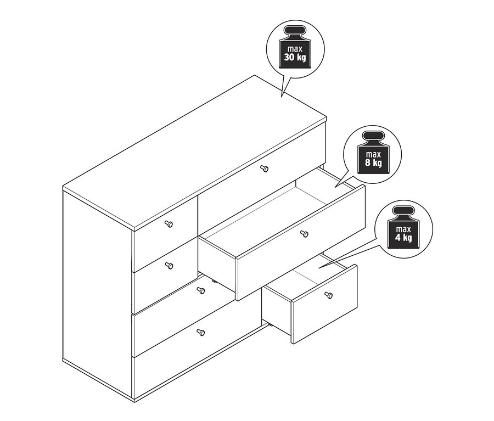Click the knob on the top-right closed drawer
[265, 169]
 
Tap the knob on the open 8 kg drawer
[304, 234]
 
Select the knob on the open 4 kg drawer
[328, 295]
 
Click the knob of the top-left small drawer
[169, 224]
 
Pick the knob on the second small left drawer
[169, 266]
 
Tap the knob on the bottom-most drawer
[200, 332]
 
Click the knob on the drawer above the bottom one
[201, 290]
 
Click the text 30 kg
[295, 57]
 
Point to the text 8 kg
[373, 162]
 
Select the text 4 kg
[403, 237]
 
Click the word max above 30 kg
[295, 49]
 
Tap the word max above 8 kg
[373, 154]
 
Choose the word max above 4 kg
[403, 229]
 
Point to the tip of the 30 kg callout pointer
[282, 96]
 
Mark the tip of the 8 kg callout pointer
[335, 188]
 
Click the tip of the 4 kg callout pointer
[318, 268]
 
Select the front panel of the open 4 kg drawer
[324, 304]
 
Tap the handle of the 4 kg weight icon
[403, 211]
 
